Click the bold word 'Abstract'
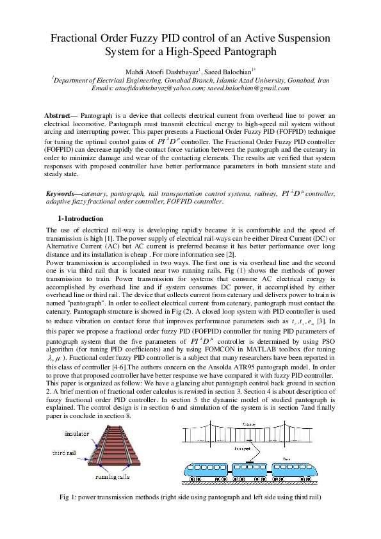tap(63, 114)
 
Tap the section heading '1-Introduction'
tap(79, 218)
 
